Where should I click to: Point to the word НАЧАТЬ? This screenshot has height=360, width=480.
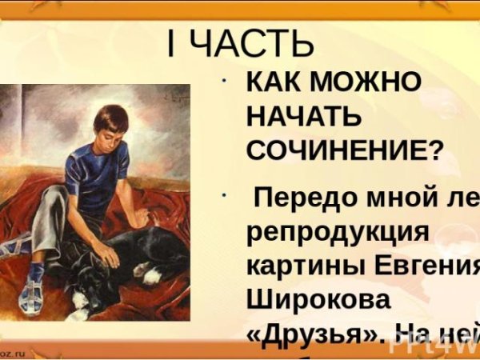pyautogui.click(x=303, y=117)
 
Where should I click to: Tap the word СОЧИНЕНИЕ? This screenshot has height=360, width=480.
pyautogui.click(x=343, y=150)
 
